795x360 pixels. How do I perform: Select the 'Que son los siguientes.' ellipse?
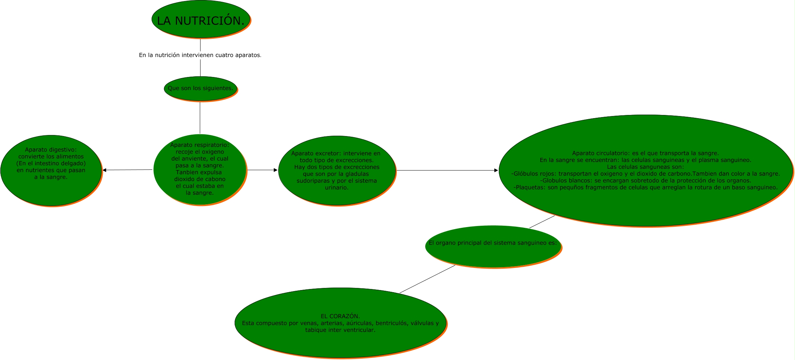[x=201, y=89]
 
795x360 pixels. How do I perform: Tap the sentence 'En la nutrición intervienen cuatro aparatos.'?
[x=200, y=55]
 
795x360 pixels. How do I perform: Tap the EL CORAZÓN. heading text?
[x=340, y=316]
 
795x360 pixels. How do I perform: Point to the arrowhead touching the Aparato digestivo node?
[x=104, y=170]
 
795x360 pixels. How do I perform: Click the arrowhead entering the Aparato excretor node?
[x=275, y=170]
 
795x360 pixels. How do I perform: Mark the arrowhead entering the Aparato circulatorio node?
[x=496, y=171]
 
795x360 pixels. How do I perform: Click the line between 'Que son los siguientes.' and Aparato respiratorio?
[x=200, y=118]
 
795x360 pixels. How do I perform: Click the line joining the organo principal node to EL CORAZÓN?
[x=427, y=279]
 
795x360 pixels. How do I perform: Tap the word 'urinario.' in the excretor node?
[x=337, y=188]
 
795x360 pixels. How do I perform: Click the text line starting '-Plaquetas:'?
[x=645, y=187]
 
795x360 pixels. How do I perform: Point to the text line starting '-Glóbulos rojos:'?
[x=645, y=174]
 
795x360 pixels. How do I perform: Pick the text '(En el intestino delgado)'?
[x=51, y=163]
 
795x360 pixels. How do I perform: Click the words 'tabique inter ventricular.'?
[x=340, y=330]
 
